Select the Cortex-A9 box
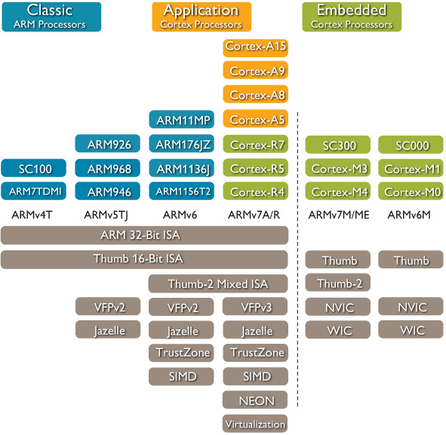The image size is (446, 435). pyautogui.click(x=255, y=72)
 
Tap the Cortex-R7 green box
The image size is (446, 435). pyautogui.click(x=255, y=144)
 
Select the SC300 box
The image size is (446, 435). pyautogui.click(x=339, y=144)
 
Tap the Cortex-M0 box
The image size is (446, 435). pyautogui.click(x=412, y=191)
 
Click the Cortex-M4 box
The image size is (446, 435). pyautogui.click(x=339, y=191)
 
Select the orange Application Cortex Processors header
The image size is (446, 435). pyautogui.click(x=201, y=16)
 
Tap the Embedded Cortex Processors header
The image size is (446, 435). pyautogui.click(x=352, y=16)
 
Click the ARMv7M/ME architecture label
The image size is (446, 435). pyautogui.click(x=339, y=216)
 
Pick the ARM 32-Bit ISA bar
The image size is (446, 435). pyautogui.click(x=144, y=235)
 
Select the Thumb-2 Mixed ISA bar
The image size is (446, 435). pyautogui.click(x=218, y=283)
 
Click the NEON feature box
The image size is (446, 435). pyautogui.click(x=255, y=400)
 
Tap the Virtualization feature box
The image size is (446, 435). pyautogui.click(x=255, y=423)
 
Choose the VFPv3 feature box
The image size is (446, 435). pyautogui.click(x=255, y=307)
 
